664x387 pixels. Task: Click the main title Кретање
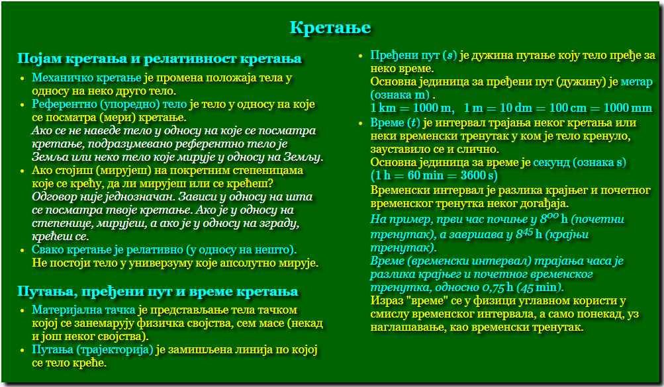(x=330, y=28)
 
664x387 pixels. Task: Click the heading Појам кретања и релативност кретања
(x=160, y=58)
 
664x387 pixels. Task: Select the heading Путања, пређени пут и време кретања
(x=158, y=292)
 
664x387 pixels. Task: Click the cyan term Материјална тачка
(x=84, y=310)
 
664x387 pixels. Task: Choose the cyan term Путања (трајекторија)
(x=92, y=350)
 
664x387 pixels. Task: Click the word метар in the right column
(x=636, y=81)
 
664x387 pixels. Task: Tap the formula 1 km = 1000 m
(x=410, y=108)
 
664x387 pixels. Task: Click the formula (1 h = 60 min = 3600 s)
(x=434, y=175)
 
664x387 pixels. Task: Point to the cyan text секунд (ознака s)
(x=580, y=163)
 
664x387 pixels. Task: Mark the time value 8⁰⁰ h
(x=554, y=219)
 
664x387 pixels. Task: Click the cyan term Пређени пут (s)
(x=414, y=56)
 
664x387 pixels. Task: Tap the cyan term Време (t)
(x=395, y=122)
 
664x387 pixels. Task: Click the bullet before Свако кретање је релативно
(x=23, y=250)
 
